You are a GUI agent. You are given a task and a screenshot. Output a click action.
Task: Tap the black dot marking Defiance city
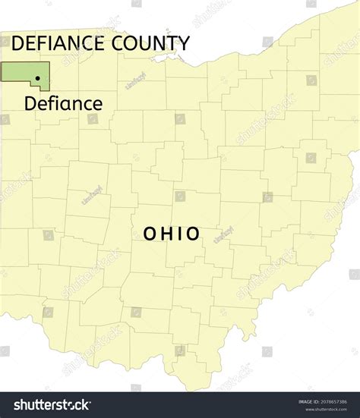tap(37, 77)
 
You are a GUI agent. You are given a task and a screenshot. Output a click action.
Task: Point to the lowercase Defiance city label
tap(63, 103)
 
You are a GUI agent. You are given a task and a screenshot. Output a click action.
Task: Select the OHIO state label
tap(172, 234)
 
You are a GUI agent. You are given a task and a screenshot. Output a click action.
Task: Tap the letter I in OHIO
tap(179, 234)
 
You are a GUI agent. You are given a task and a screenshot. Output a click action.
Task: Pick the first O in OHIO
tap(150, 234)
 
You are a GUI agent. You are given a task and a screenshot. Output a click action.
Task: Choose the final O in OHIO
tap(193, 234)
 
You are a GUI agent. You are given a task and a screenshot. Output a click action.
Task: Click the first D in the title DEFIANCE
tap(18, 43)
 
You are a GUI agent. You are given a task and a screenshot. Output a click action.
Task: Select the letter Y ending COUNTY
tap(184, 43)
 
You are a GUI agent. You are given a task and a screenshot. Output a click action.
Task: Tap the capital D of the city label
tap(30, 103)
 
